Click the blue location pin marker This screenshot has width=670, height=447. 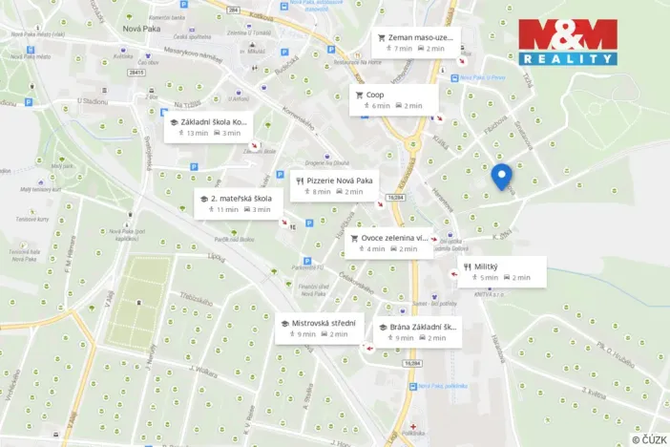(501, 177)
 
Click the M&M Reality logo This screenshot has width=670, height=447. (567, 41)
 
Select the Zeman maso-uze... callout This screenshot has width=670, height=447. (415, 43)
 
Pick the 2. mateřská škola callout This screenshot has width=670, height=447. (234, 203)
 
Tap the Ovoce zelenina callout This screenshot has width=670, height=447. (387, 243)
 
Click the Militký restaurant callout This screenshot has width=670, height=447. (501, 271)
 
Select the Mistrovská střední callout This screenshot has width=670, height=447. (319, 329)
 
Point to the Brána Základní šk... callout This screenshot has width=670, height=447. (418, 331)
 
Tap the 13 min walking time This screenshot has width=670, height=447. (193, 133)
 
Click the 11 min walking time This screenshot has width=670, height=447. (222, 209)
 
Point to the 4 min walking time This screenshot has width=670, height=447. (371, 249)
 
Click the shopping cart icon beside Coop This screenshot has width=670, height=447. (358, 95)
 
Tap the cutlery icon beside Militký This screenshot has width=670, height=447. (467, 266)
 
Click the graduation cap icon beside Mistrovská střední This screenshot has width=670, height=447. (283, 324)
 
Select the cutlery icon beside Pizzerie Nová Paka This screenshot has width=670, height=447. (300, 180)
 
